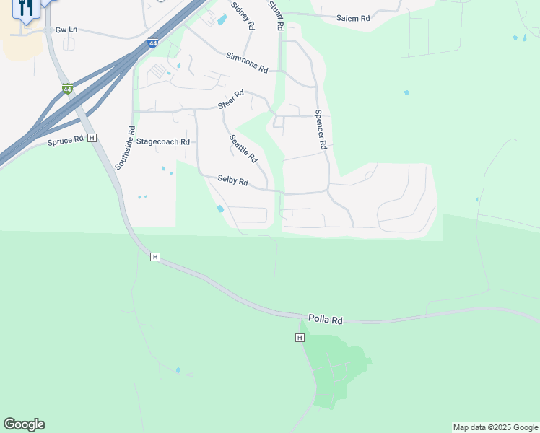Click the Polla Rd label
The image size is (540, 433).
(325, 318)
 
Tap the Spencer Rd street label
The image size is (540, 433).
(321, 129)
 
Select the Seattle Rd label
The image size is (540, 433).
(243, 148)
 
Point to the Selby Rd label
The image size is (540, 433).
(232, 181)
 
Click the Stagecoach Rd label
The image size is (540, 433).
(162, 142)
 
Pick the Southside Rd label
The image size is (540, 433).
(125, 147)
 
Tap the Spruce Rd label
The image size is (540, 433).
(66, 141)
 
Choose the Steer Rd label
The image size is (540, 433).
(231, 104)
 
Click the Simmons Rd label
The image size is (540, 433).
(247, 61)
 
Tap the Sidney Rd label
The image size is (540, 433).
(243, 15)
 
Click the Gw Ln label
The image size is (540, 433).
(66, 31)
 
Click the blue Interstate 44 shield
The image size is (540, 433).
(152, 43)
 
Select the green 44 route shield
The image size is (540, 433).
(67, 89)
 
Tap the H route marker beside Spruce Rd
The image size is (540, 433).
(92, 138)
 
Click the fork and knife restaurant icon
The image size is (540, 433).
(26, 8)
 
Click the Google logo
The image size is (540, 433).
(24, 424)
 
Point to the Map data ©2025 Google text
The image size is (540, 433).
(495, 427)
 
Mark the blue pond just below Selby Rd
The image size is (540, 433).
(219, 209)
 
